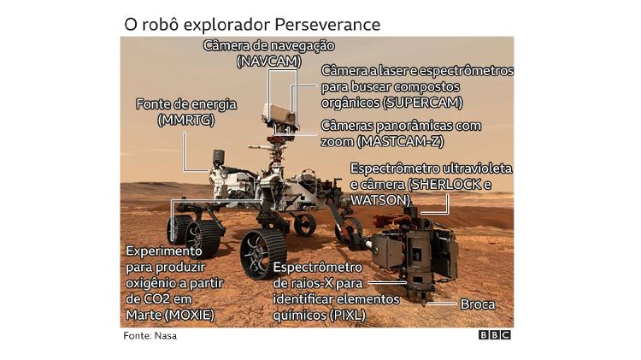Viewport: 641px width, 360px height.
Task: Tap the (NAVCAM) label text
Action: pos(267,62)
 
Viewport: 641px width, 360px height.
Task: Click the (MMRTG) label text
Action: pos(185,120)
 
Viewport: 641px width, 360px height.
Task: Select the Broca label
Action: pos(478,304)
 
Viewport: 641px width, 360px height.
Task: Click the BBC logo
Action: pos(494,335)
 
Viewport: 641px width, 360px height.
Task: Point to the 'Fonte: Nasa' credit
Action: pos(150,336)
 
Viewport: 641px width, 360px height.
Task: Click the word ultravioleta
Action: pos(470,169)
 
